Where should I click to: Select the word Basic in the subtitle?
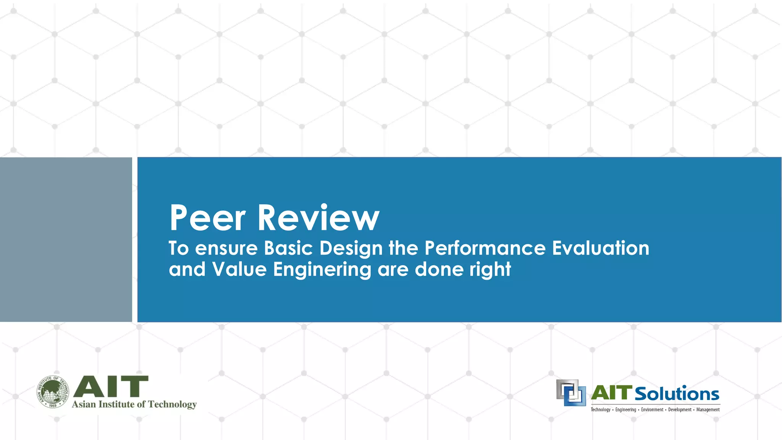pyautogui.click(x=288, y=248)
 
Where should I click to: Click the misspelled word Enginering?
pyautogui.click(x=322, y=270)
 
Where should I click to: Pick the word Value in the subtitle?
pyautogui.click(x=239, y=269)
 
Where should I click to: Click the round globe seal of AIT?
pyautogui.click(x=53, y=391)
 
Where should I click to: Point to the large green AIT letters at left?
pyautogui.click(x=111, y=386)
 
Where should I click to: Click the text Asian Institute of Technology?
pyautogui.click(x=134, y=404)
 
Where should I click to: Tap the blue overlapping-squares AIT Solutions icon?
pyautogui.click(x=571, y=393)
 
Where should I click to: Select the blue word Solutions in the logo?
pyautogui.click(x=677, y=394)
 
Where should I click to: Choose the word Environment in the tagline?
pyautogui.click(x=652, y=410)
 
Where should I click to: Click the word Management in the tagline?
pyautogui.click(x=708, y=410)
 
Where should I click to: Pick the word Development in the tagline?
pyautogui.click(x=680, y=410)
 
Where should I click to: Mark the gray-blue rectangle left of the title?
pyautogui.click(x=66, y=239)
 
